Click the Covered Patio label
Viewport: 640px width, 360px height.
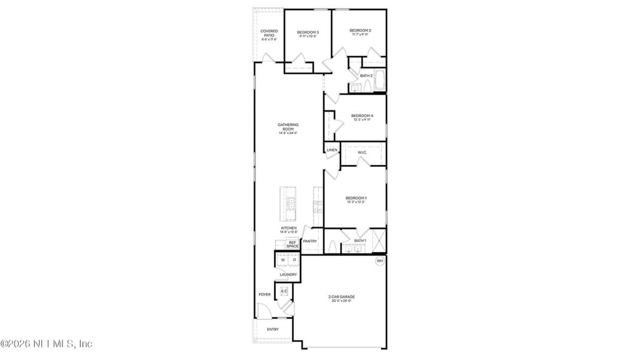268,35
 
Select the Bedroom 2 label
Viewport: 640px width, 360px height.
360,31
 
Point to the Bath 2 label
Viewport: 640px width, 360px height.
366,76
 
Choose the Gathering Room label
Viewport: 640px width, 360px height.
288,127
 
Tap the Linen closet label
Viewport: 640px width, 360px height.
332,150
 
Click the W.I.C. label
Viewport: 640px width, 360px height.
362,152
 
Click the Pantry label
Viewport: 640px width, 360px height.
310,241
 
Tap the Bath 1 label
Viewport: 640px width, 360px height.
360,241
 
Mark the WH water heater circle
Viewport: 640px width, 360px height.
380,261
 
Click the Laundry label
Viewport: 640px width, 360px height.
288,275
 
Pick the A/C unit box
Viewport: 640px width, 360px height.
284,292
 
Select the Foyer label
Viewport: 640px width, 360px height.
265,295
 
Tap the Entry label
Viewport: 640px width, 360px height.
272,329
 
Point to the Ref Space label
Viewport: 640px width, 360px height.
292,245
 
